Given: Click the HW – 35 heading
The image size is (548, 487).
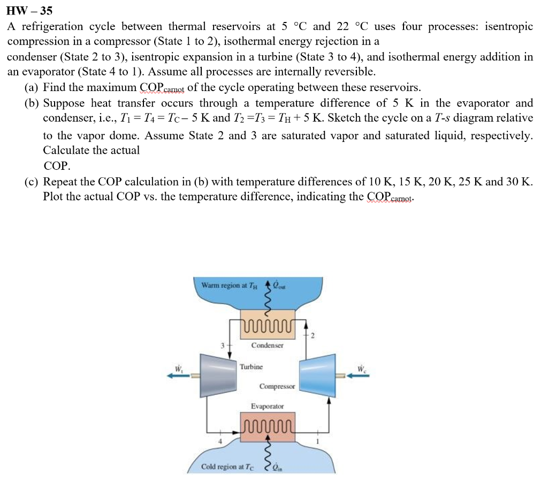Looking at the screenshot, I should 30,10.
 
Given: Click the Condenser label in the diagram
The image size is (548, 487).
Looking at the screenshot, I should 267,346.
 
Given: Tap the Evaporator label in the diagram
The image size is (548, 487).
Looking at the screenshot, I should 268,407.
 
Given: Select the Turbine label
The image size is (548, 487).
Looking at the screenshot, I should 251,367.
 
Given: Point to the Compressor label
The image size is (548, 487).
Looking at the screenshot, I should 277,386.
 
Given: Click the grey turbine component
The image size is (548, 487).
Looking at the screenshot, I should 219,375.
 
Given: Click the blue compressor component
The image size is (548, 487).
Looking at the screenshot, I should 317,375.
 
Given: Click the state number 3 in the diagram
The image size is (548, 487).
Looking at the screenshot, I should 223,346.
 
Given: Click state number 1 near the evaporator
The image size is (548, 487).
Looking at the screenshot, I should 317,442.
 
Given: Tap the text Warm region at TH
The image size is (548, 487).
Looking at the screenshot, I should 230,286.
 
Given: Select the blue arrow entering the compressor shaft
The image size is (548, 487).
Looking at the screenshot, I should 355,376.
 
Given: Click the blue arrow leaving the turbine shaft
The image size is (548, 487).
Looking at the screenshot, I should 179,376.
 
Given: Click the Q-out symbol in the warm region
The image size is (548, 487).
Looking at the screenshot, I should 279,285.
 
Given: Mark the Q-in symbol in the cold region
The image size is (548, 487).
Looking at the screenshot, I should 277,467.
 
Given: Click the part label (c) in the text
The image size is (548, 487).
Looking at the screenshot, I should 31,182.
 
